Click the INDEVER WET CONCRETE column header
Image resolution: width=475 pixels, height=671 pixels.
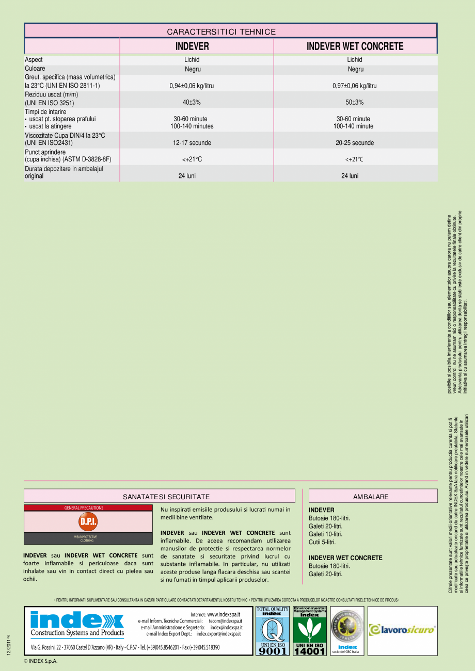click(355, 46)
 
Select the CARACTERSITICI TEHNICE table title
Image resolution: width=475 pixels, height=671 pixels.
click(221, 32)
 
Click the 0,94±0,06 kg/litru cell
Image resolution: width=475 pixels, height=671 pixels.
click(192, 86)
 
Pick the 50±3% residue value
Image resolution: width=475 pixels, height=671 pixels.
click(355, 102)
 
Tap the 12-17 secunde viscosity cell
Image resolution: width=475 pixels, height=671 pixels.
click(192, 143)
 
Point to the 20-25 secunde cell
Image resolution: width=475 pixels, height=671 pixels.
click(355, 143)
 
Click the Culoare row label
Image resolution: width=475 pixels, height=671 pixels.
click(35, 68)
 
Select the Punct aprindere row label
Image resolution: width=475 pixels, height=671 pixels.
click(45, 153)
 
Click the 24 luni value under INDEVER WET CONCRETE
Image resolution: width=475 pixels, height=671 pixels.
click(350, 176)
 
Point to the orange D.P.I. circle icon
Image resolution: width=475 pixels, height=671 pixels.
click(88, 521)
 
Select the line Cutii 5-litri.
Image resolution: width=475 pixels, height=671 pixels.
click(322, 542)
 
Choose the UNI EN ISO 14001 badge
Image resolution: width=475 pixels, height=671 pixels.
click(309, 631)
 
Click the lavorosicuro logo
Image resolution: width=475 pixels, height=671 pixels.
click(402, 630)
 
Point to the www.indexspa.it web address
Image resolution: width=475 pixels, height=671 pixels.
click(224, 614)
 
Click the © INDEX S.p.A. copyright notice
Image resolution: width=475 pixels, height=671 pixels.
click(41, 661)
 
